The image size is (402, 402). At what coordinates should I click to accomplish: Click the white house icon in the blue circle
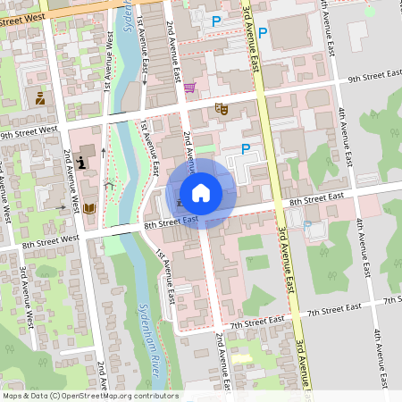click(x=201, y=193)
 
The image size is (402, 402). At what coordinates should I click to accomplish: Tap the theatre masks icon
click(x=221, y=108)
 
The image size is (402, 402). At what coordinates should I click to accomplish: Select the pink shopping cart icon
click(x=189, y=88)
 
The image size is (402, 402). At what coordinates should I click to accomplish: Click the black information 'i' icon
click(x=82, y=162)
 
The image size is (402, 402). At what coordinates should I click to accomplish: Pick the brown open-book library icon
click(x=89, y=208)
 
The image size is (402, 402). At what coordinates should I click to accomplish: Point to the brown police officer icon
click(x=40, y=98)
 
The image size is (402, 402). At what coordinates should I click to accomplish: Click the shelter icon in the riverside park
click(x=109, y=186)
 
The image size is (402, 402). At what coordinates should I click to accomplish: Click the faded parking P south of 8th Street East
click(x=307, y=224)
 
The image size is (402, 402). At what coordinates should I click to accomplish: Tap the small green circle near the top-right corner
click(x=370, y=12)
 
